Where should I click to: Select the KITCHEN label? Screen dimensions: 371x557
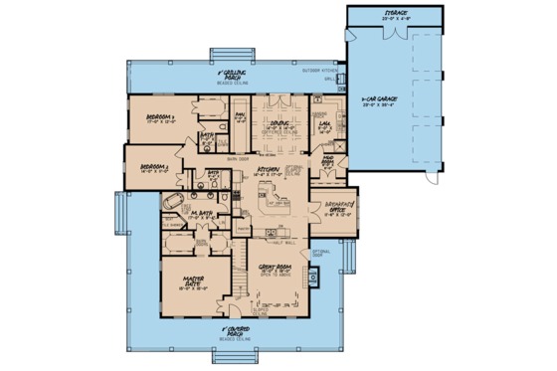click(270, 169)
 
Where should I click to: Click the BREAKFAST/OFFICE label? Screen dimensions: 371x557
click(339, 205)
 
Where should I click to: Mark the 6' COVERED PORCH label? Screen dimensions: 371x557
click(237, 329)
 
